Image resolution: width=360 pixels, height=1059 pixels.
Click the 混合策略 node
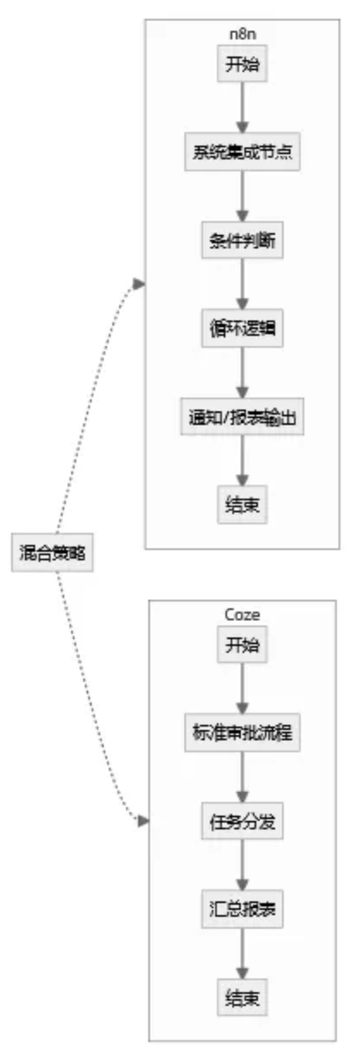click(52, 552)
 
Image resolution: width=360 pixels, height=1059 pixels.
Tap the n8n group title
click(243, 34)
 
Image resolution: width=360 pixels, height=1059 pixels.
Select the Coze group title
click(243, 614)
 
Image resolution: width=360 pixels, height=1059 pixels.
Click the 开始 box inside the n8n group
click(243, 63)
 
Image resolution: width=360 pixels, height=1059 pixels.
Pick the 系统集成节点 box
click(243, 152)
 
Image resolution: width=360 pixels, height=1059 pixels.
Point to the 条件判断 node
click(243, 240)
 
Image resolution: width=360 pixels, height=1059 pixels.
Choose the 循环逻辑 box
click(243, 328)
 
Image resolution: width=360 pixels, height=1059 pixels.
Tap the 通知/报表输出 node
click(243, 416)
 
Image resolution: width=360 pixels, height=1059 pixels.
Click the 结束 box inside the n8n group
click(243, 505)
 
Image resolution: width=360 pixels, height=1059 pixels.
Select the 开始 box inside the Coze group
click(243, 644)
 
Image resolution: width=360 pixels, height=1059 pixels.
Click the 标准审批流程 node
click(243, 733)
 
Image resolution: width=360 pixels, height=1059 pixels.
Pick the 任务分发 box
click(243, 821)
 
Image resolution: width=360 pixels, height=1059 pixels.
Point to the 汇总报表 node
click(243, 909)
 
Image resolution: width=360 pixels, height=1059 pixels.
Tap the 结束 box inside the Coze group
click(243, 997)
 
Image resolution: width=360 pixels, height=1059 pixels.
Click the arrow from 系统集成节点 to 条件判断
click(243, 195)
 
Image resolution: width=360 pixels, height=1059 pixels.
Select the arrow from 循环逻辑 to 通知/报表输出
click(243, 373)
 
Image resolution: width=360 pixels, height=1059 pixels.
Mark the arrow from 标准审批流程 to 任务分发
click(243, 777)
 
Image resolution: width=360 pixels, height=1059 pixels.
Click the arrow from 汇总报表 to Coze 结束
click(243, 954)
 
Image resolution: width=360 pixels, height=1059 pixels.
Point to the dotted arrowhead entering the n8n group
click(139, 284)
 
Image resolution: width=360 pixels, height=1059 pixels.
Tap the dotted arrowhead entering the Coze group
click(143, 821)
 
